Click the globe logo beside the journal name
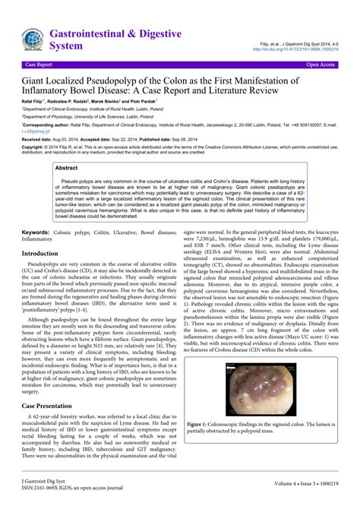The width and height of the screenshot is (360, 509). [33, 40]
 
